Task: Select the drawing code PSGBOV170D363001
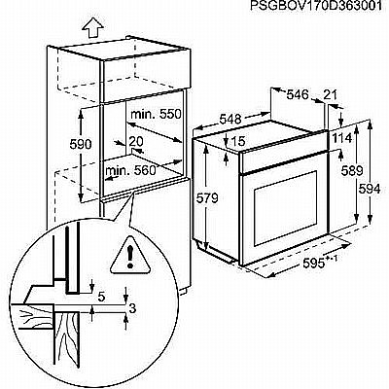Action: (x=316, y=6)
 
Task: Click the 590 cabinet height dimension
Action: (x=81, y=144)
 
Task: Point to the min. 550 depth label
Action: (x=156, y=114)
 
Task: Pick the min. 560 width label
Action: (x=130, y=170)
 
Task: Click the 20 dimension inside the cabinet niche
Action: (x=136, y=141)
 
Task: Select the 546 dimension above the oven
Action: (x=298, y=94)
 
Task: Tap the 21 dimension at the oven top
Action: (x=331, y=94)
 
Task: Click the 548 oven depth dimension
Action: (x=230, y=120)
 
